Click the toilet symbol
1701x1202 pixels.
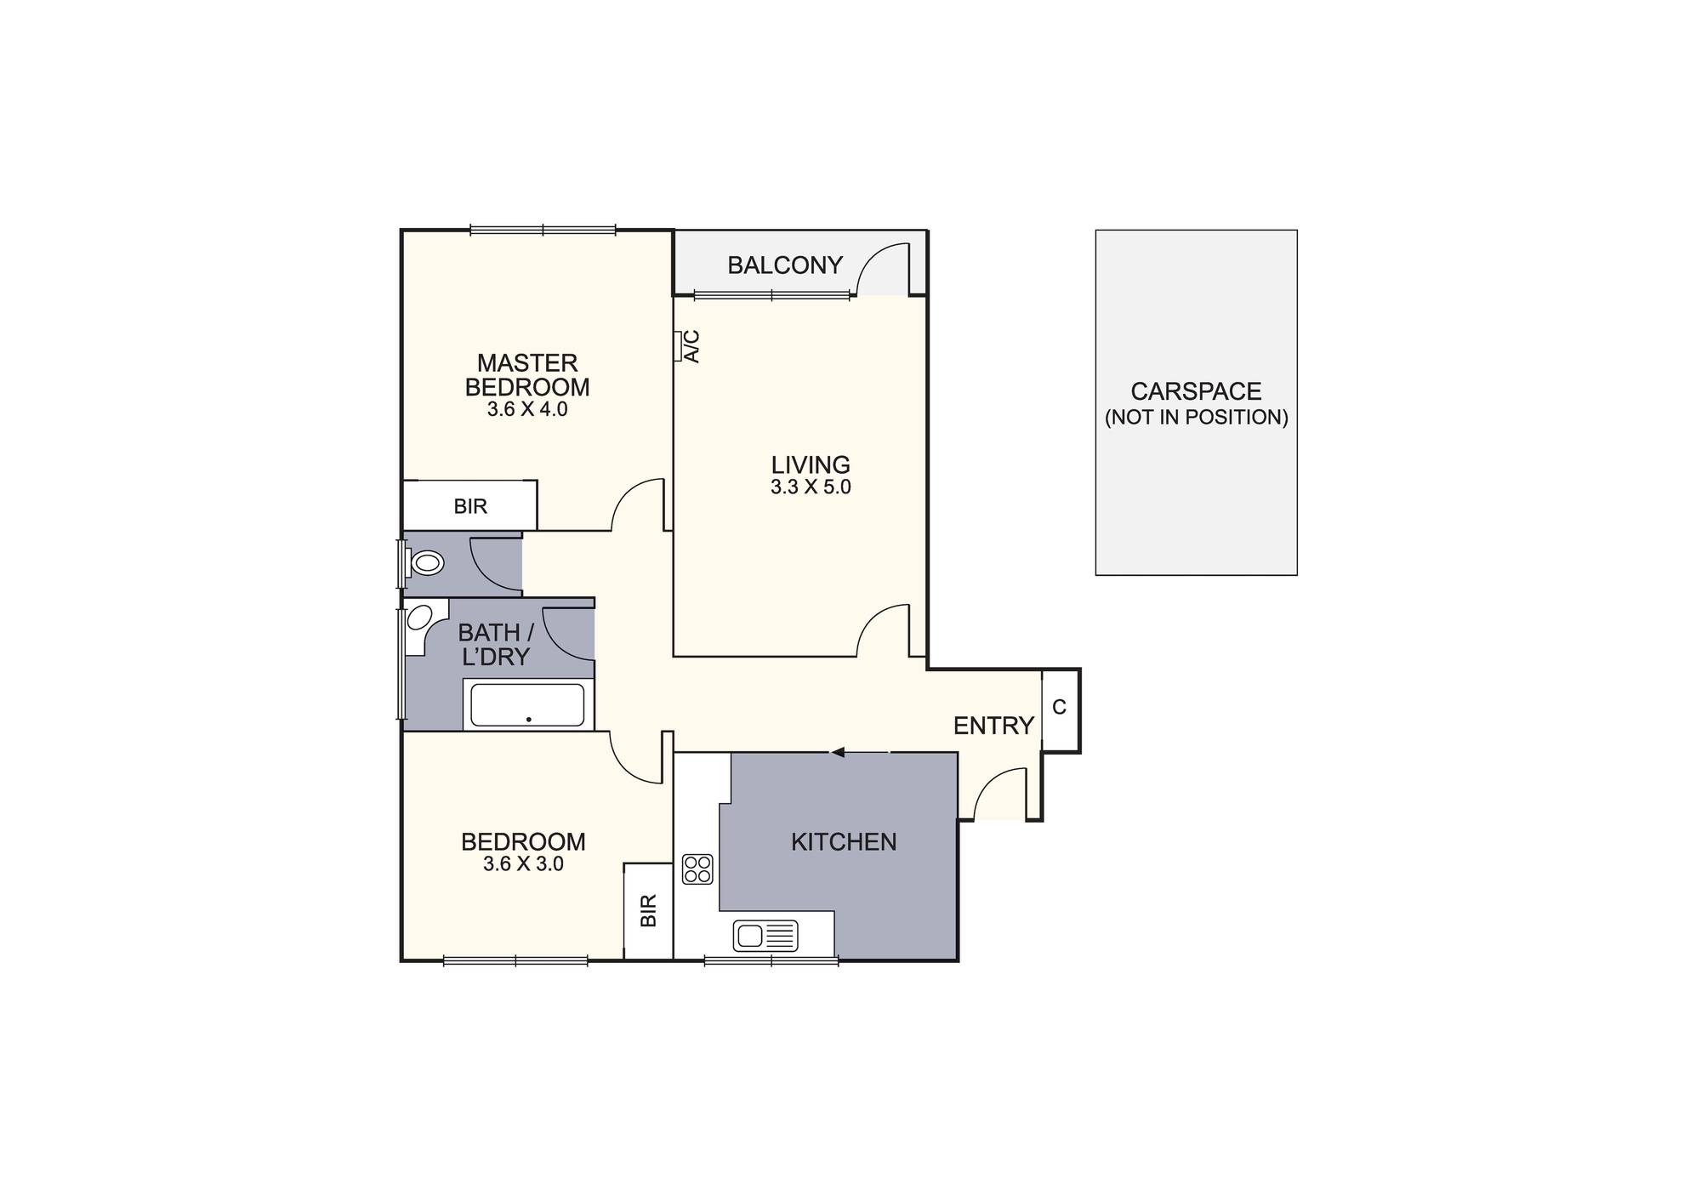[x=426, y=563]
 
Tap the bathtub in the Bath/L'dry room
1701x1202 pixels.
[x=527, y=704]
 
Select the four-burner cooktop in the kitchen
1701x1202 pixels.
[x=697, y=869]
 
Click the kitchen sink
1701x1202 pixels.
[x=765, y=937]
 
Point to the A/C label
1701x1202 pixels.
[x=692, y=346]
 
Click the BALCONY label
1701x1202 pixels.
[x=784, y=265]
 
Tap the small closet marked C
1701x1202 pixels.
[x=1060, y=708]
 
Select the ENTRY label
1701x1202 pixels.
[x=993, y=726]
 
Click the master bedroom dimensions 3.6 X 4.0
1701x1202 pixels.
[x=527, y=409]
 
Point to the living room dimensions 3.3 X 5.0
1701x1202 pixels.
[x=811, y=487]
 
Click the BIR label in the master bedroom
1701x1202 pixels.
[x=470, y=507]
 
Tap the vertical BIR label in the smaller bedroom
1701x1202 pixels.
[x=649, y=911]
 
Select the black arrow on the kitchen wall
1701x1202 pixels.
[x=838, y=752]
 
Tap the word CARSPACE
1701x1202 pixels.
[x=1196, y=391]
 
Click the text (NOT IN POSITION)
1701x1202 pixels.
[x=1196, y=418]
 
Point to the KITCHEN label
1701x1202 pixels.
[x=844, y=842]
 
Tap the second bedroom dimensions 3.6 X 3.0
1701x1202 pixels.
[x=523, y=864]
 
